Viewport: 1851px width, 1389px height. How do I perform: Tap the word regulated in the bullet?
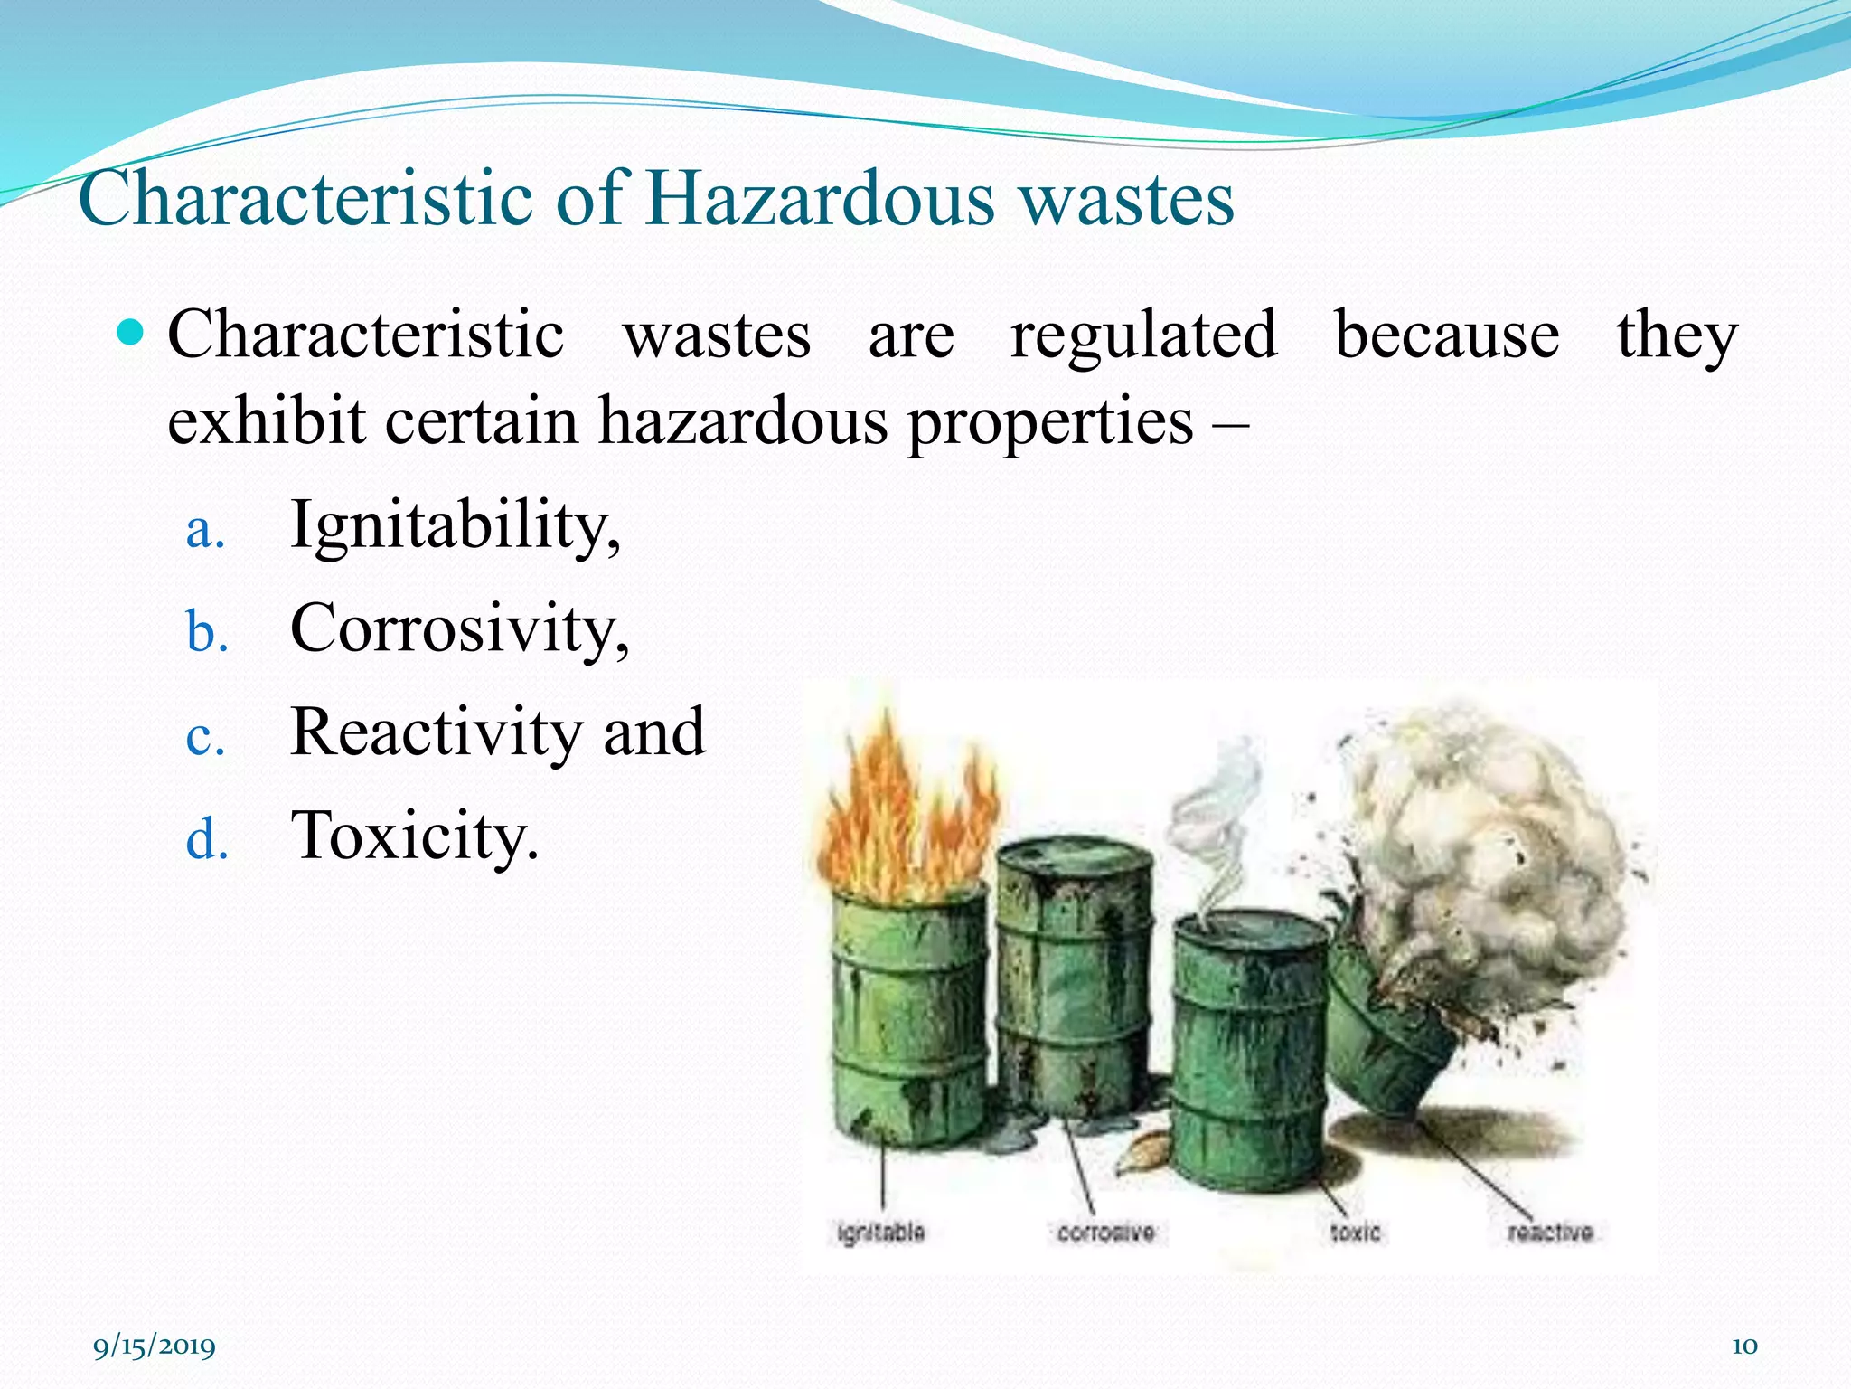[1143, 335]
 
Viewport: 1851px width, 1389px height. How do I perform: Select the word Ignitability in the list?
[455, 525]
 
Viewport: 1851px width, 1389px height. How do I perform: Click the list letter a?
[204, 531]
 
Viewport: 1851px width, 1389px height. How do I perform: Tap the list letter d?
[206, 840]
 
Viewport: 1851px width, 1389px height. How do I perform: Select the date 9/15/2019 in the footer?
[155, 1346]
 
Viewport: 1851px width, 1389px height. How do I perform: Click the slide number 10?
[1743, 1346]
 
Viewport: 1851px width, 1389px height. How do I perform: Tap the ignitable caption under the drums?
[880, 1232]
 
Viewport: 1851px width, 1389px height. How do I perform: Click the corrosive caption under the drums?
[1105, 1233]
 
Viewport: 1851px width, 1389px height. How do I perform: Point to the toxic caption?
[1355, 1233]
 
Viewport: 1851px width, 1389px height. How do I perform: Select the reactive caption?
[1550, 1233]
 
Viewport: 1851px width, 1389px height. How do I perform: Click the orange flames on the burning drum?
[904, 814]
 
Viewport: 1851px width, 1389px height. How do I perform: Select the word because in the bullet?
[1447, 335]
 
